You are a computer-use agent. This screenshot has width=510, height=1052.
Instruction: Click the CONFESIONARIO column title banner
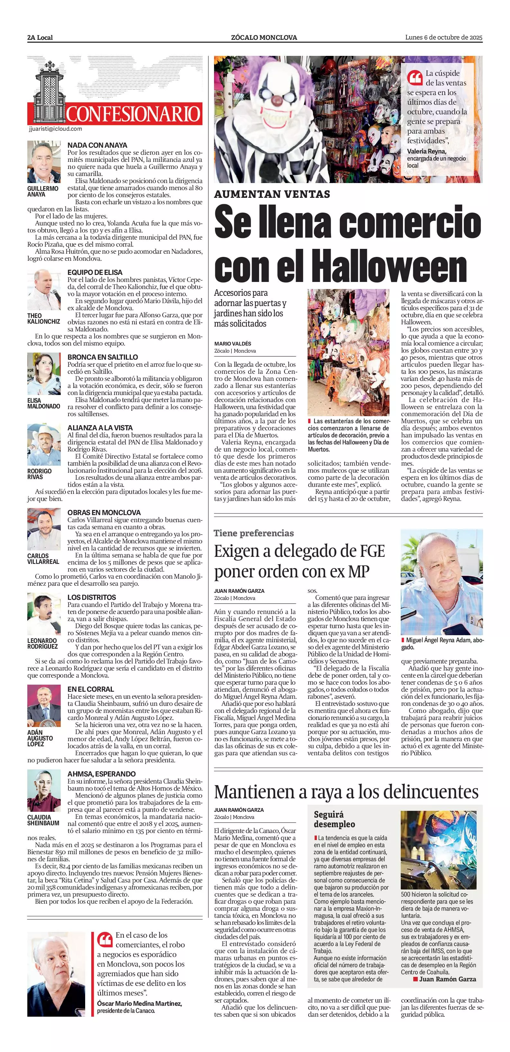coord(133,114)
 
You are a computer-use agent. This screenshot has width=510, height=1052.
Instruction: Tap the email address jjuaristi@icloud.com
coord(56,129)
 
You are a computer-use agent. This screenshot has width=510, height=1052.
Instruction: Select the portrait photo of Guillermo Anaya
coord(44,162)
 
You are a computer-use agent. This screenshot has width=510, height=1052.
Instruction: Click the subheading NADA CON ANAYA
coord(97,145)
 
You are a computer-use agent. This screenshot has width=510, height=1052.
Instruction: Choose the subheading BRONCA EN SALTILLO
coord(103,357)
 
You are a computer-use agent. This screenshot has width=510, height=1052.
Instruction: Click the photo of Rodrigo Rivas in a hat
coord(44,445)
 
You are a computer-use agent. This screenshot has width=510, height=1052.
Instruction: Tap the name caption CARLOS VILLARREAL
coord(43,559)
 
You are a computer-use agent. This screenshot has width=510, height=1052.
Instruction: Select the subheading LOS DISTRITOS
coord(92,597)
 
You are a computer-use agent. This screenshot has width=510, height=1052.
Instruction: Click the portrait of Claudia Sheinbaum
coord(44,791)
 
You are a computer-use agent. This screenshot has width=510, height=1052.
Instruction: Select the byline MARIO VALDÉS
coord(233,344)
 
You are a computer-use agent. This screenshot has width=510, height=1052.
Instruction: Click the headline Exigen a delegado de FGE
coord(299,551)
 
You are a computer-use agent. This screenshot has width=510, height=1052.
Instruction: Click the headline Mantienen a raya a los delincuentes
coord(346,792)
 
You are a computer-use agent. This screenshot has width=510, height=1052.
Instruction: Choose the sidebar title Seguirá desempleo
coord(334,819)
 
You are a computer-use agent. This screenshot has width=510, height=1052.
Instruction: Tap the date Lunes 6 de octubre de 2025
coord(443,37)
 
